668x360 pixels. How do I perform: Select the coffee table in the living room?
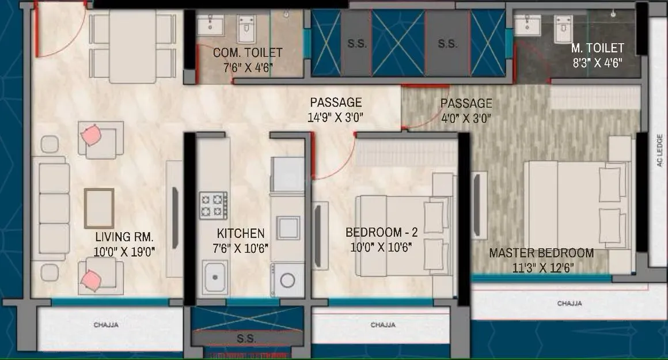tap(98, 208)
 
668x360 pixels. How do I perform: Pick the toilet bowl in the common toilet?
tap(247, 26)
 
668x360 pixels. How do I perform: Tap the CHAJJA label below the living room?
tap(106, 325)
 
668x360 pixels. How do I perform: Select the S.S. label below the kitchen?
tap(246, 339)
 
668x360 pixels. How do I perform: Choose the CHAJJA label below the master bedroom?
tap(569, 303)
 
